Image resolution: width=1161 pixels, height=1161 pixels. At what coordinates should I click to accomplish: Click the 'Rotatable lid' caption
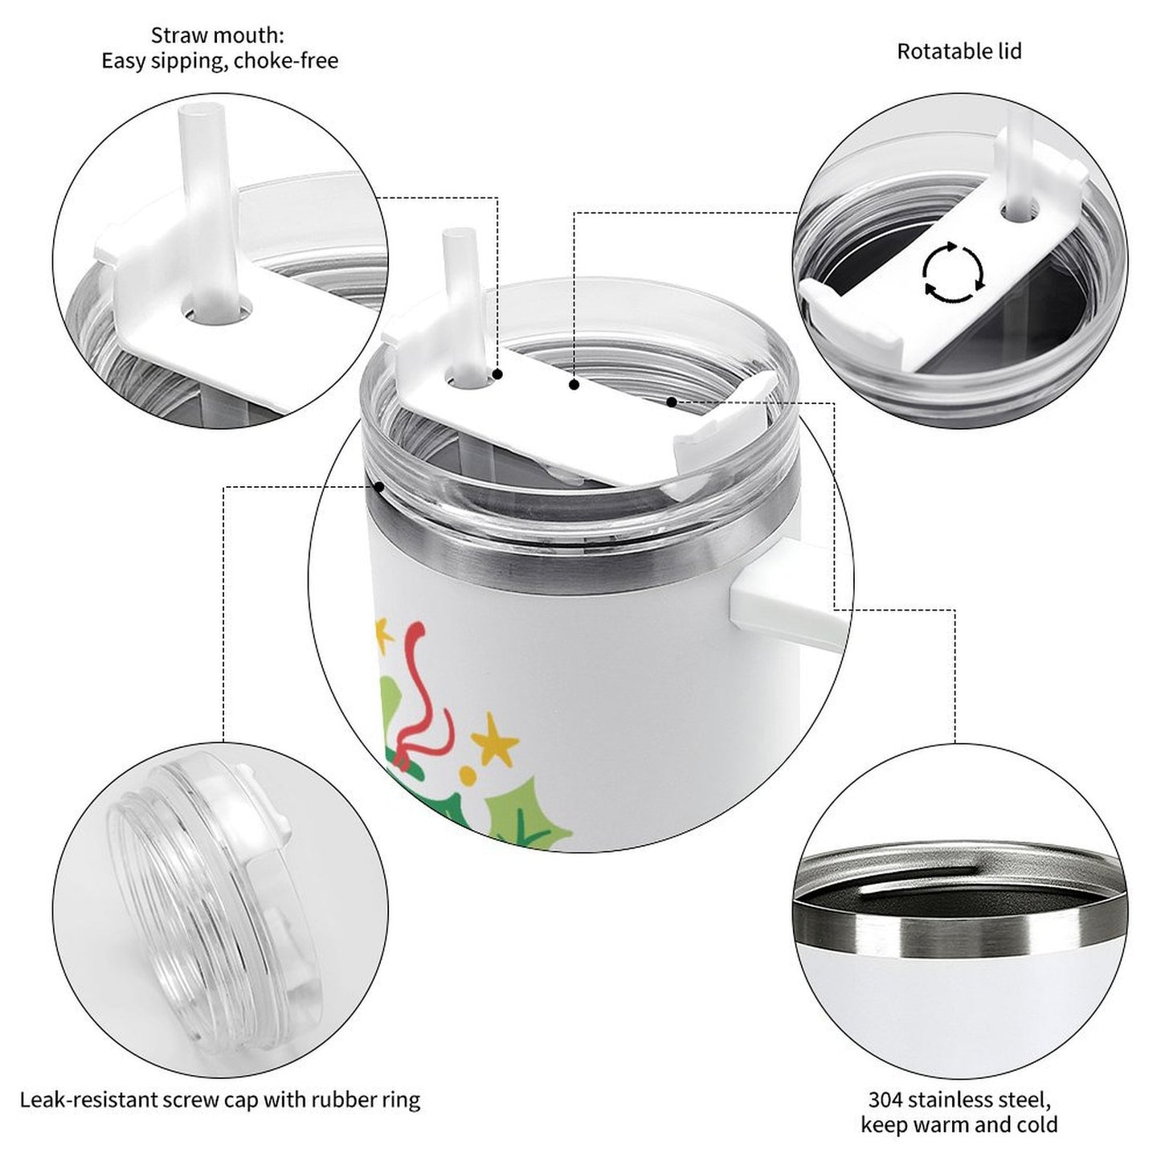[959, 51]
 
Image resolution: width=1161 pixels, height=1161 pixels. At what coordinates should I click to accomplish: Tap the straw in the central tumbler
[464, 306]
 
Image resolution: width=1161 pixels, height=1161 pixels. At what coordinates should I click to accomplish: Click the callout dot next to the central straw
[497, 374]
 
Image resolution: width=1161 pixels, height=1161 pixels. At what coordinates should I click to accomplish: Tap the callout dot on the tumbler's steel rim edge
[379, 485]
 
